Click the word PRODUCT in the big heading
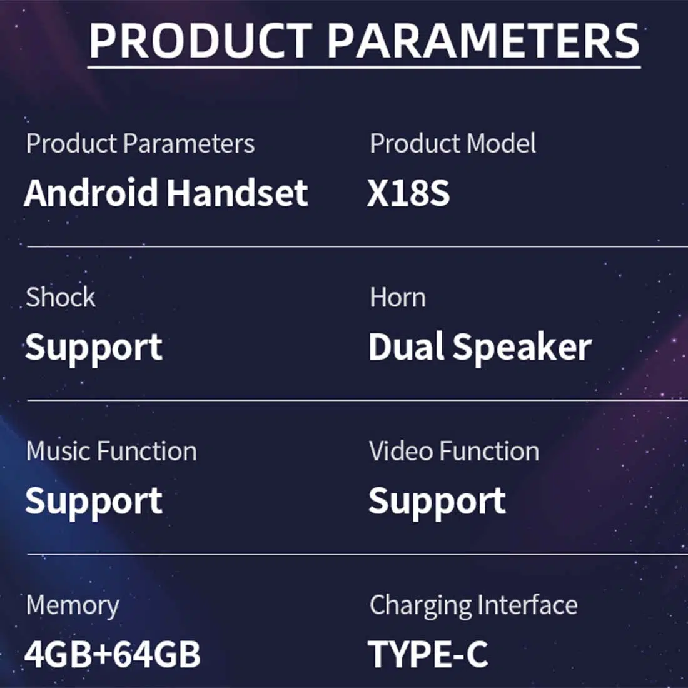click(201, 41)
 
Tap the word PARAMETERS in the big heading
click(483, 41)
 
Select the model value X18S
click(408, 193)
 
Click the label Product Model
click(452, 143)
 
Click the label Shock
click(61, 297)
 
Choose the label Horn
click(398, 298)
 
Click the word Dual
click(406, 347)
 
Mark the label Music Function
click(111, 451)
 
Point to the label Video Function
click(454, 451)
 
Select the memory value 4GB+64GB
click(113, 654)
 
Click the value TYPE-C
click(428, 654)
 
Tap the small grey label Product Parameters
click(140, 143)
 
